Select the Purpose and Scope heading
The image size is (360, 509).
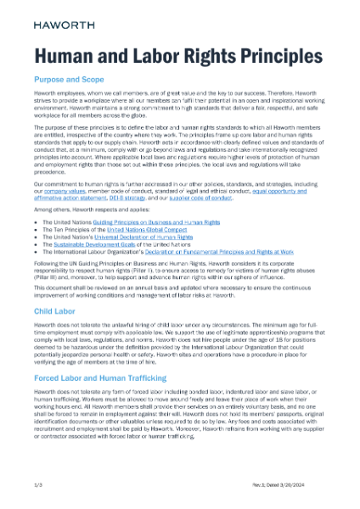pos(73,84)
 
